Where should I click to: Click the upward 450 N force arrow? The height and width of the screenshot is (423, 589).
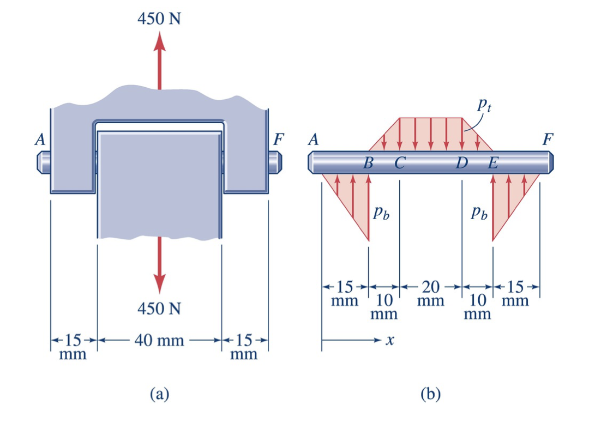pyautogui.click(x=159, y=61)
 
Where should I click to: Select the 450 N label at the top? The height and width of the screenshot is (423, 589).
pyautogui.click(x=159, y=19)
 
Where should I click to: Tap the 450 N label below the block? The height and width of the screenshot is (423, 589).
pyautogui.click(x=159, y=309)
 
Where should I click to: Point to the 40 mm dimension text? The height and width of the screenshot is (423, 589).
pyautogui.click(x=159, y=341)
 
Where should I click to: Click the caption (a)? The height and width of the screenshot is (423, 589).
pyautogui.click(x=160, y=394)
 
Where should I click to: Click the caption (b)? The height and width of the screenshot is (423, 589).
pyautogui.click(x=430, y=394)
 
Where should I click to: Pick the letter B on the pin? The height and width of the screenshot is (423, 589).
pyautogui.click(x=368, y=163)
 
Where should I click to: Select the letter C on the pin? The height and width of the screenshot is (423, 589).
pyautogui.click(x=400, y=163)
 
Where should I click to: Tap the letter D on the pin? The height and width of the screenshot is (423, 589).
pyautogui.click(x=462, y=163)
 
